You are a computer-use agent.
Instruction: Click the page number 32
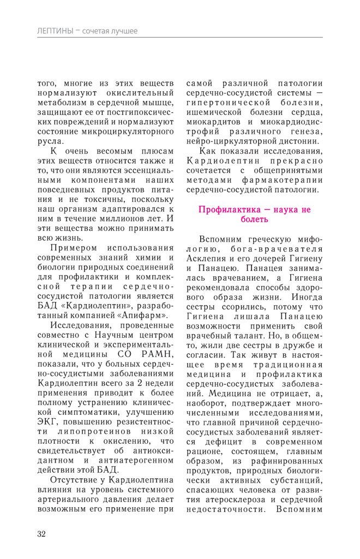[41, 533]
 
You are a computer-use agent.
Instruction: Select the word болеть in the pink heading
[254, 219]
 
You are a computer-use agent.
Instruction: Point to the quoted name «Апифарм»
[147, 315]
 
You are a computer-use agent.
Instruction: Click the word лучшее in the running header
[124, 31]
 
